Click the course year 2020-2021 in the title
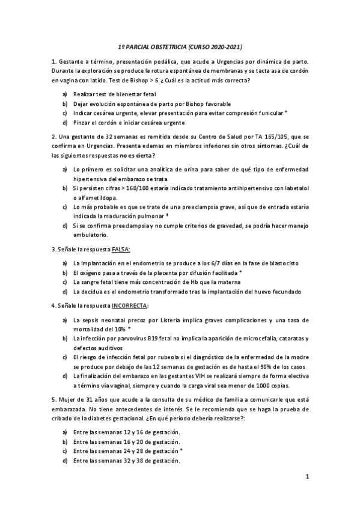(x=224, y=46)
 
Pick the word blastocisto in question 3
(x=282, y=263)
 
